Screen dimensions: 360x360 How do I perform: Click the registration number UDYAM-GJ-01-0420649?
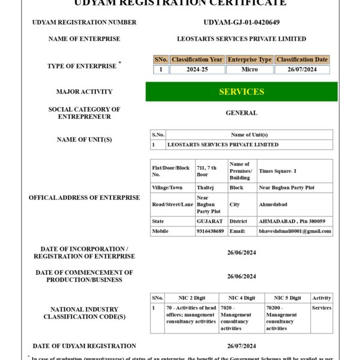(241, 22)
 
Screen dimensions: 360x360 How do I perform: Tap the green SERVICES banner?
(241, 92)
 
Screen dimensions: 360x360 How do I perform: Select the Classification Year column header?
(197, 60)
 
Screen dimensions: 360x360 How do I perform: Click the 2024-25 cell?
(197, 70)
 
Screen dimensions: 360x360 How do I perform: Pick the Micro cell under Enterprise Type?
(249, 70)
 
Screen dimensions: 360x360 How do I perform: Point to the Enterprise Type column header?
(249, 60)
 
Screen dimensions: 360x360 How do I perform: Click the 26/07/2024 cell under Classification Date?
(302, 70)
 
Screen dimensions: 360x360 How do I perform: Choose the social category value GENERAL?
(241, 113)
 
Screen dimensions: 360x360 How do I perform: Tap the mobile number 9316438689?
(210, 231)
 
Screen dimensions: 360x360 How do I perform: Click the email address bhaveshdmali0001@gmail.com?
(295, 231)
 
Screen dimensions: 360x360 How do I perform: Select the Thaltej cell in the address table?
(205, 187)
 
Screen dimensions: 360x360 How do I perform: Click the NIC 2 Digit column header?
(191, 298)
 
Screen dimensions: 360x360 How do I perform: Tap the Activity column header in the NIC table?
(322, 298)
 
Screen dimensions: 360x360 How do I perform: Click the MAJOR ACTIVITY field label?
(84, 92)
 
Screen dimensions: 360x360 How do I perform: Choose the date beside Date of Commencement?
(241, 277)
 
